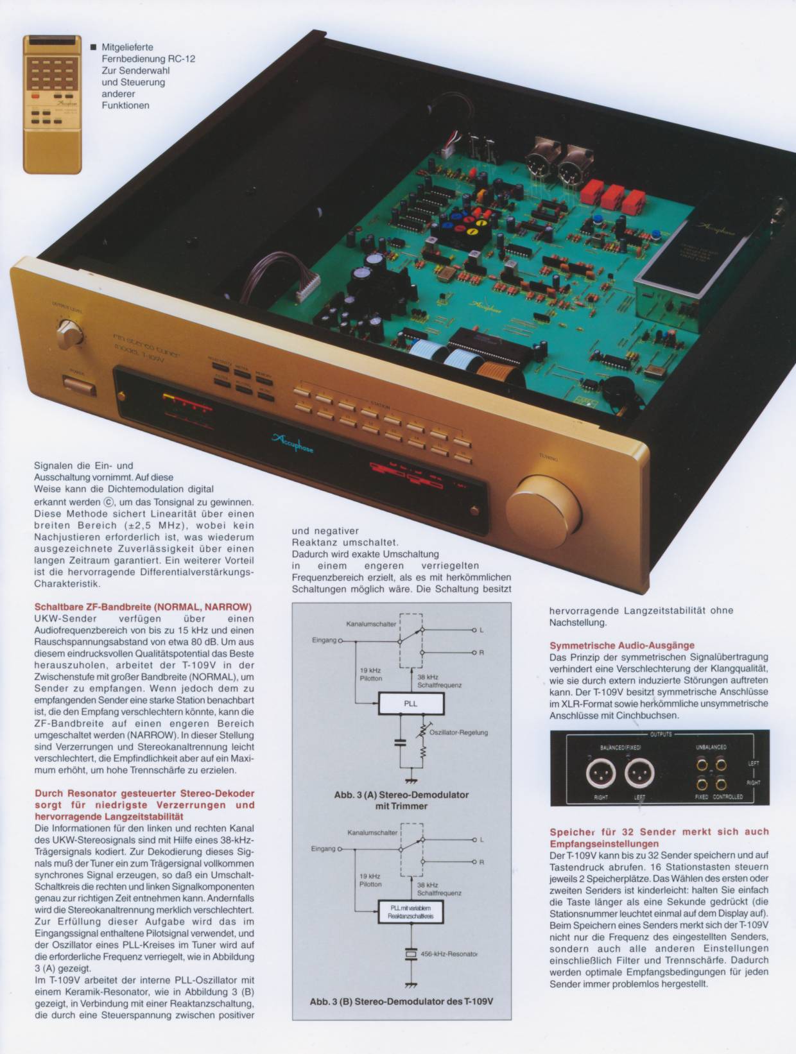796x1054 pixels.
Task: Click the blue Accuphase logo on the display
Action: point(293,442)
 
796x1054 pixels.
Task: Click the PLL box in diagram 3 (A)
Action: point(411,704)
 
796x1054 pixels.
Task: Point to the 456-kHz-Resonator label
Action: point(449,954)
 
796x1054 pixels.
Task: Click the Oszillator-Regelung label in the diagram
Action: point(458,732)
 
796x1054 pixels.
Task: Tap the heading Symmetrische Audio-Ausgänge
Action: point(621,645)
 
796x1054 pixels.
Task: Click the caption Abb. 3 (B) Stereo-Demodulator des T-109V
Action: point(401,1001)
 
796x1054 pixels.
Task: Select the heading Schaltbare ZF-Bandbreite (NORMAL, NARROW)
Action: point(143,607)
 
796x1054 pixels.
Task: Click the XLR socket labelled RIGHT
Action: point(601,774)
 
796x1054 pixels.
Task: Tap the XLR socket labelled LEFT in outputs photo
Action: point(639,774)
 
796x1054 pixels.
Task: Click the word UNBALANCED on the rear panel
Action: point(711,747)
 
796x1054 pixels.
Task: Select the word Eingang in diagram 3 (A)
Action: point(324,640)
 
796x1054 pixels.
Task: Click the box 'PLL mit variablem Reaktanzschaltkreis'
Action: point(411,911)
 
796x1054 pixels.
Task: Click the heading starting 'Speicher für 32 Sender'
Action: point(659,837)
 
